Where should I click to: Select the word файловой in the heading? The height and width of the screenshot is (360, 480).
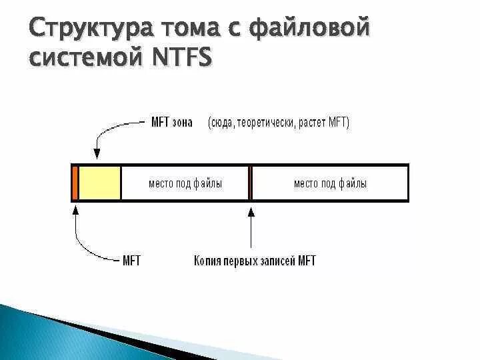[311, 29]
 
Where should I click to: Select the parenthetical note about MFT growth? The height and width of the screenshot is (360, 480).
[278, 122]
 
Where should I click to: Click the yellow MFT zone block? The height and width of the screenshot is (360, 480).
[100, 183]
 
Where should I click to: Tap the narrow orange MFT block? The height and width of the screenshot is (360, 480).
[75, 183]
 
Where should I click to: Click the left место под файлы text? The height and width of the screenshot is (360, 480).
[185, 183]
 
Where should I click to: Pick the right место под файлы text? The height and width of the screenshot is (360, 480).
[330, 183]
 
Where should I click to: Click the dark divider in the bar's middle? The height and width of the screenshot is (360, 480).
[251, 183]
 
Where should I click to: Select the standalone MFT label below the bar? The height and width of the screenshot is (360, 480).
[131, 260]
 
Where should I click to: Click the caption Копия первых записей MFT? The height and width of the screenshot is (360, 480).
[255, 260]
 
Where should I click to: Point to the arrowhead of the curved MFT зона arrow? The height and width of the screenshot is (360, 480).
[97, 155]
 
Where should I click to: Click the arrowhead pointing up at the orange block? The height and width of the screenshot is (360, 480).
[75, 209]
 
